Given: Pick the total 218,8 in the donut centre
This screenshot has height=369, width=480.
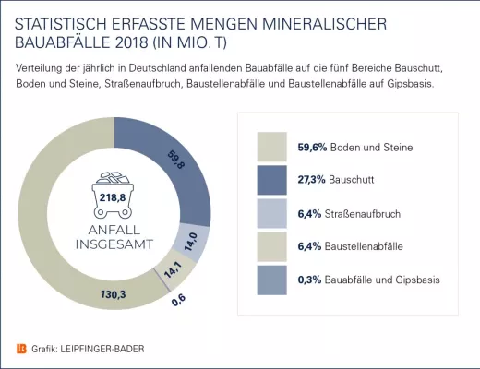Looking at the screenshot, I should tap(112, 196).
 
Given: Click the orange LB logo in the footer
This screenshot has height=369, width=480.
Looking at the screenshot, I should tap(22, 348).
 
